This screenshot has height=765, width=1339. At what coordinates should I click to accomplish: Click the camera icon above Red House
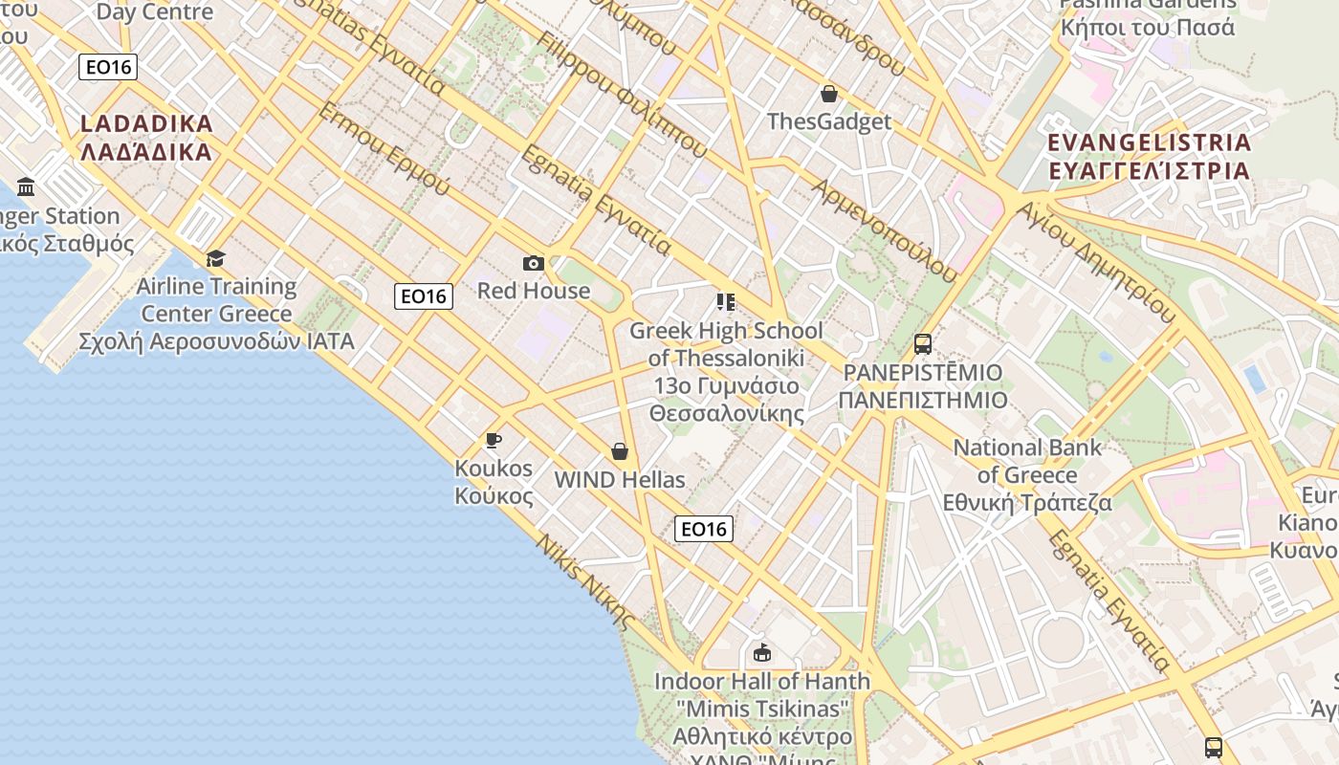point(534,263)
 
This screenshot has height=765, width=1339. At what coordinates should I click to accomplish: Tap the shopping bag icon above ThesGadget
point(829,94)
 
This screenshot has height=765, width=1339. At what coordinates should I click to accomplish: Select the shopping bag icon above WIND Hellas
point(620,451)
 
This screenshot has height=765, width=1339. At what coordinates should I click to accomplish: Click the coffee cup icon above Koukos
point(494,440)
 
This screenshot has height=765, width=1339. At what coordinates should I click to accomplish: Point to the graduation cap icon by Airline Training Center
point(215,258)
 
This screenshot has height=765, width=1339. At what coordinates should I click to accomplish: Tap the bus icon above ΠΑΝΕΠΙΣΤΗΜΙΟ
point(922,344)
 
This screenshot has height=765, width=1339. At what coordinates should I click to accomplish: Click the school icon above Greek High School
point(726,302)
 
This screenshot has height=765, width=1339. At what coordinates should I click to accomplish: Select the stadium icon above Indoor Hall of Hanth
point(761,653)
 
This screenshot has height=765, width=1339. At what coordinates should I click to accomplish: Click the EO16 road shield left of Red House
point(423,296)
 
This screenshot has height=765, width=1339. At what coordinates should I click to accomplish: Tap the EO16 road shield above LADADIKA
point(109,67)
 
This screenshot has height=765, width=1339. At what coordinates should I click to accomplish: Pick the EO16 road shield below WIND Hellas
point(704,529)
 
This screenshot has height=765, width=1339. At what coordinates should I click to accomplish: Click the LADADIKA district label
point(146,138)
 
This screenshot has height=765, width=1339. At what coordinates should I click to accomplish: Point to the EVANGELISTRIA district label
point(1149,157)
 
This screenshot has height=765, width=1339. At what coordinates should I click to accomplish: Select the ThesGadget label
point(829,121)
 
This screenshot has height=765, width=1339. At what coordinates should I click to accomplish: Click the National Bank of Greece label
point(1027,474)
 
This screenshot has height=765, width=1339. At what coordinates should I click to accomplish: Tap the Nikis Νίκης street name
point(584,581)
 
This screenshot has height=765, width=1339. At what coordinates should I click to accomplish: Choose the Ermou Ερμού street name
point(383,149)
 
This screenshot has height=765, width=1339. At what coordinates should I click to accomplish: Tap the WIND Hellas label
point(620,479)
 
